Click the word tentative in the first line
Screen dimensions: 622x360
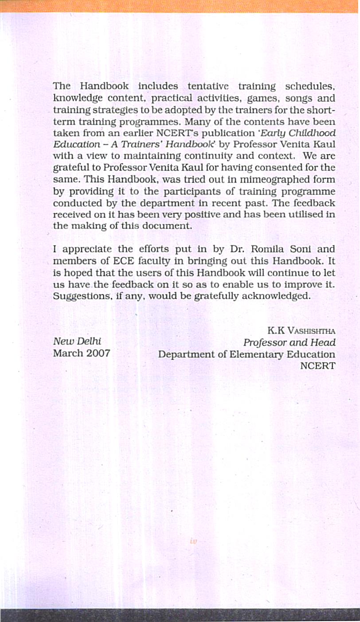click(x=208, y=86)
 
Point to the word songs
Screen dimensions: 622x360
click(x=299, y=98)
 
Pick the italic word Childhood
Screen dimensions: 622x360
click(x=313, y=133)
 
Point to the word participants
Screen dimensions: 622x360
click(x=189, y=191)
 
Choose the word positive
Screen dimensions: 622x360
click(x=212, y=214)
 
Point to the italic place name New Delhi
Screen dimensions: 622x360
click(x=77, y=342)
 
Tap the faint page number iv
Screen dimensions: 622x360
click(x=193, y=541)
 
